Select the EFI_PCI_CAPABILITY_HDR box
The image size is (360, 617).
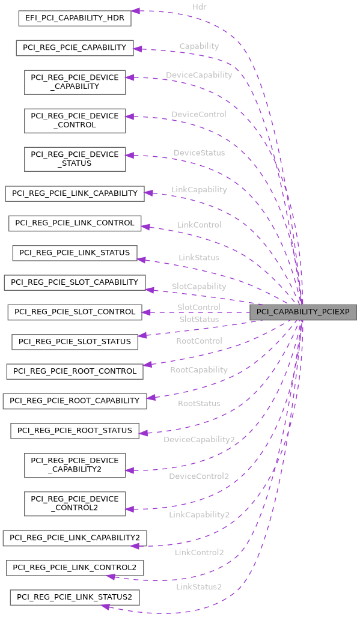(75, 18)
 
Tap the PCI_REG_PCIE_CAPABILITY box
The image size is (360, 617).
(75, 47)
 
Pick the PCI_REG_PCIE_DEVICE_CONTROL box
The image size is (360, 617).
(75, 120)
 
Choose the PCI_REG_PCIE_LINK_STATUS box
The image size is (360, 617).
(75, 252)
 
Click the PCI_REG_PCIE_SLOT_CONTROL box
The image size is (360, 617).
(75, 312)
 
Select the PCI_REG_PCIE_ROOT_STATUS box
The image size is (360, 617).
(75, 430)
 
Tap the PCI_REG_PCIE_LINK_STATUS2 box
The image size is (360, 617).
(75, 597)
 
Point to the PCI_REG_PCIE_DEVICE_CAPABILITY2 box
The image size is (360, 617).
(75, 465)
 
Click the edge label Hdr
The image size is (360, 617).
(200, 7)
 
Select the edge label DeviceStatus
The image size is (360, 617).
(199, 153)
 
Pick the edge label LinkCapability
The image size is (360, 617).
(199, 189)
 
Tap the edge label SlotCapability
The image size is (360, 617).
(199, 287)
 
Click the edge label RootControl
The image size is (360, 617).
(199, 341)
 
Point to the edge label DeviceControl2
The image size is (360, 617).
(199, 476)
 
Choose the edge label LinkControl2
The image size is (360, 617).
(199, 552)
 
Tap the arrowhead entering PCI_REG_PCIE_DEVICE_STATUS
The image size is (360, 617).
(130, 156)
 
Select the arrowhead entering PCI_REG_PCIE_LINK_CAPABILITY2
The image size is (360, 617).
(136, 546)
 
